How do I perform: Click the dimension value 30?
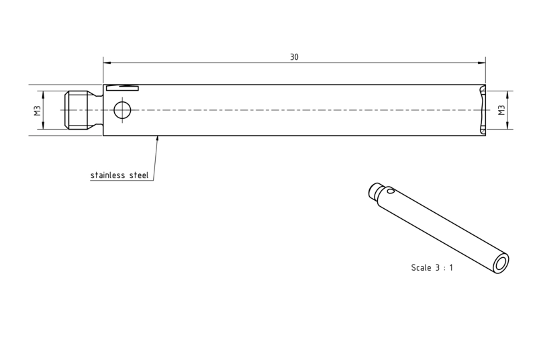click(x=294, y=57)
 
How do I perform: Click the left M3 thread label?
click(x=38, y=110)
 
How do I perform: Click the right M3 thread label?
click(x=501, y=110)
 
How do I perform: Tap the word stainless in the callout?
click(x=108, y=175)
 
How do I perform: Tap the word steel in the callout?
click(x=139, y=175)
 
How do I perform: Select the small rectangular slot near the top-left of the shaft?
click(x=122, y=88)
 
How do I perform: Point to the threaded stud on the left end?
click(x=79, y=110)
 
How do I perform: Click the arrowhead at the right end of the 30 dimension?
click(x=481, y=62)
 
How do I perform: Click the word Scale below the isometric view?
click(x=421, y=267)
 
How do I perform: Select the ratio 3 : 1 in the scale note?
click(x=444, y=267)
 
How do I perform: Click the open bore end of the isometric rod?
click(x=501, y=264)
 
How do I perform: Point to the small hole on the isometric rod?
click(x=391, y=190)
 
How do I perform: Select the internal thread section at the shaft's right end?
click(x=483, y=110)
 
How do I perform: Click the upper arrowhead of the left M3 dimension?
click(x=43, y=95)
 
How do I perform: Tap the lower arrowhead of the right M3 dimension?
click(x=507, y=126)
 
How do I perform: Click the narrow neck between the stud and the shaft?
click(x=99, y=110)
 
